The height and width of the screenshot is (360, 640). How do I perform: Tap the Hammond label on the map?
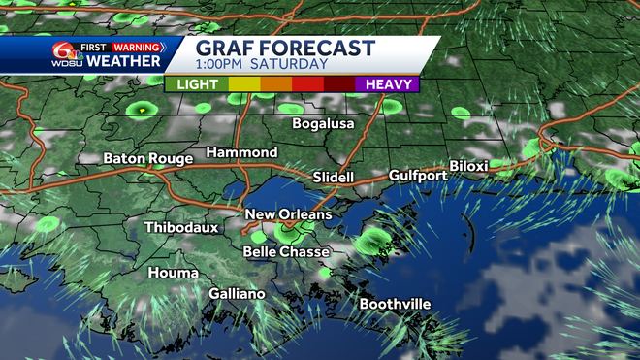tap(241, 153)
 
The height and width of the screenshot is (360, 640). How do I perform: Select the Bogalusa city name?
tap(324, 124)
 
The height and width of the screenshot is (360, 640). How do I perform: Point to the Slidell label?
tap(334, 178)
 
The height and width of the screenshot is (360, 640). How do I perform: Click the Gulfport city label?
tap(418, 176)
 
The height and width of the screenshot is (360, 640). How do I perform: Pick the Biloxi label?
tap(468, 167)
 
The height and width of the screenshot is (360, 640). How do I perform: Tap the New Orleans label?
tap(288, 214)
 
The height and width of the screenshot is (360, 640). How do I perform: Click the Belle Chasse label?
tap(285, 252)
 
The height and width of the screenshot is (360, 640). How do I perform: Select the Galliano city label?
tap(237, 294)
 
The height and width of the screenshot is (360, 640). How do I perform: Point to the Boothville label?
tap(395, 305)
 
